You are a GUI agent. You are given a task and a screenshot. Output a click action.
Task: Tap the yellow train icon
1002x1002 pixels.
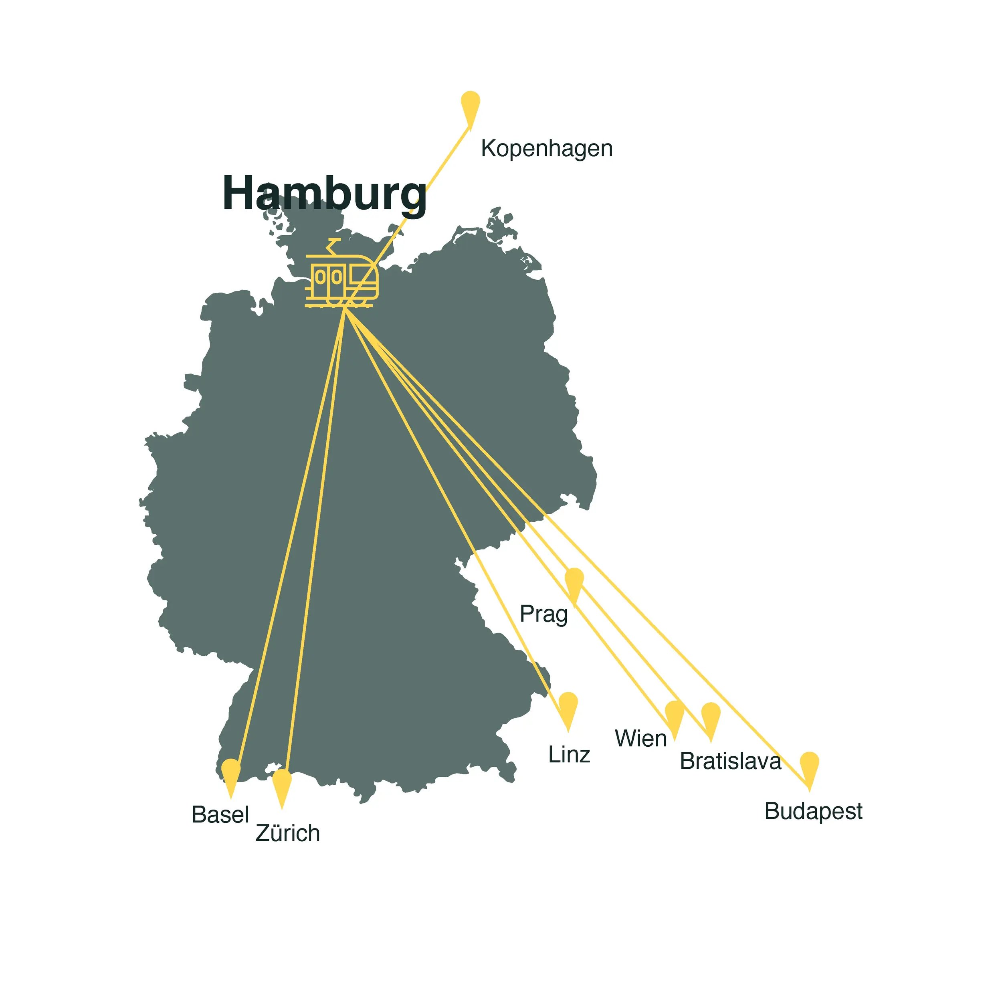click(342, 280)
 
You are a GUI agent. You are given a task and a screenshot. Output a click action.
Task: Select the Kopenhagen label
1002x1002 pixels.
click(547, 148)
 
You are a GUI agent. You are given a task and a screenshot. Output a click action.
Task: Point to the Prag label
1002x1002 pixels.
click(543, 614)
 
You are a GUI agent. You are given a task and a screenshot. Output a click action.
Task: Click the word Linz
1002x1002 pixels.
click(569, 755)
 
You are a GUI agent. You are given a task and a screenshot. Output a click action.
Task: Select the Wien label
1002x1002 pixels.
click(640, 739)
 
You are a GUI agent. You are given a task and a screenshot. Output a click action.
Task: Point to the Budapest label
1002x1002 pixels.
click(813, 811)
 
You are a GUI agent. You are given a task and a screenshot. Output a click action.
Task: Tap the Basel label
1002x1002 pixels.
click(220, 814)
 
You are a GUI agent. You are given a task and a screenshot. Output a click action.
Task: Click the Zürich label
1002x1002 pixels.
click(288, 833)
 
